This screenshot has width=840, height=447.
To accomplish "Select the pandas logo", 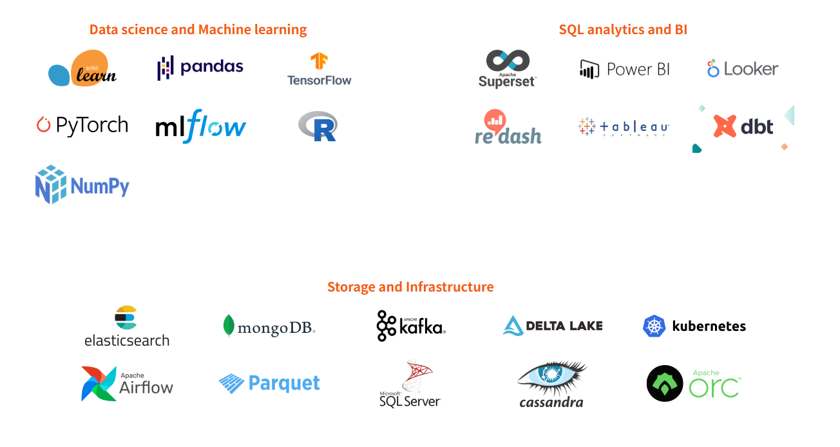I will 200,67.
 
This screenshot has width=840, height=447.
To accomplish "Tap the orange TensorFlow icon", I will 319,62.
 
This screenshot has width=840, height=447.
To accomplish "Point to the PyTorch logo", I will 82,124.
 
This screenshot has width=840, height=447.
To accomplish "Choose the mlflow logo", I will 200,126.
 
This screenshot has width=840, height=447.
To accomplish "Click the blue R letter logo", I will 319,126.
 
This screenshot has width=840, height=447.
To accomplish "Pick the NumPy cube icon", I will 51,184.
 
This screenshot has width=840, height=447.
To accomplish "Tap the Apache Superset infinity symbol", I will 508,61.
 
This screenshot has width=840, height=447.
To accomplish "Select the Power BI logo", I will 624,69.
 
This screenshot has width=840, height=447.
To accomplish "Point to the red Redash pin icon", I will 495,120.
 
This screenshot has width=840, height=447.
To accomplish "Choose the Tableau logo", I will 624,127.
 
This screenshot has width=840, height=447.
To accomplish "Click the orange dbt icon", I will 725,126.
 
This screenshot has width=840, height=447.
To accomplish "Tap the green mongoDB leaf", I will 228,326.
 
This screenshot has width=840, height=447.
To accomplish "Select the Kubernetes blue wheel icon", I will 654,326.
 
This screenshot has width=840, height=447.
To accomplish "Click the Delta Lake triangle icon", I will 513,326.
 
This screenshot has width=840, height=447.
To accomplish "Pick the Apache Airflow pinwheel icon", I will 99,384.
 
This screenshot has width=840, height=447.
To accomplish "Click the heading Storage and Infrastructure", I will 410,287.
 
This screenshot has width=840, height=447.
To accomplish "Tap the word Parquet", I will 284,383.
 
